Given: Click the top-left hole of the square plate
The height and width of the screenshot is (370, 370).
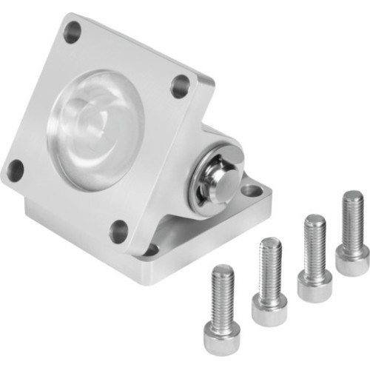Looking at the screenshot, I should (x=72, y=32).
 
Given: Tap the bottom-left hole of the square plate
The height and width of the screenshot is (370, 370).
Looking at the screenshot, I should (x=15, y=171).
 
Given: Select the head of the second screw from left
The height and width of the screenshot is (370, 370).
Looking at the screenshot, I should (x=269, y=310).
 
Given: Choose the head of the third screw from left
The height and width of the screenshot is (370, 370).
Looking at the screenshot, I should (x=314, y=285).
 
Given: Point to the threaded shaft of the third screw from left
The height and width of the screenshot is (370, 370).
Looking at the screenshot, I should (x=314, y=244).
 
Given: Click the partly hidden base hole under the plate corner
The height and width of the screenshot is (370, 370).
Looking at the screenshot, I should (x=152, y=250).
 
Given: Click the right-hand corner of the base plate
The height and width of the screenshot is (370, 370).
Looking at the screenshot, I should (x=270, y=194).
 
